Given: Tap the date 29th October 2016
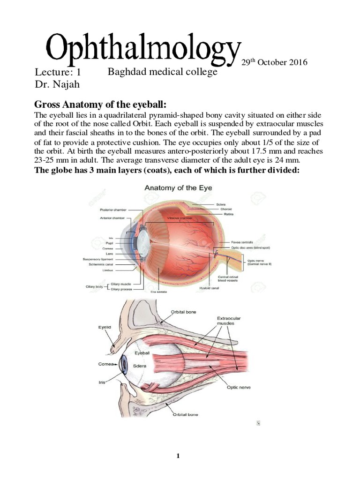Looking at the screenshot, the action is click(x=274, y=62).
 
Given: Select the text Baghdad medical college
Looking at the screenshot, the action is click(x=162, y=72).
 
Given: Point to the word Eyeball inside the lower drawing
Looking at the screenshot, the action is click(x=142, y=352).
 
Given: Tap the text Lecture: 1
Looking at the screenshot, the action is click(x=58, y=73).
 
